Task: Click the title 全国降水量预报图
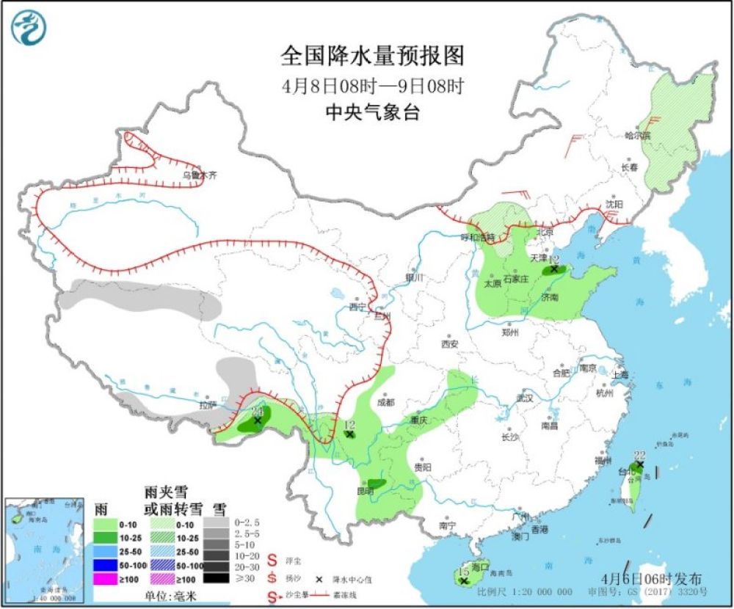pos(373,56)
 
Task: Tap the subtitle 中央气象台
pos(373,112)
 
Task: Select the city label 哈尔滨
pos(637,135)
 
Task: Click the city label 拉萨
pos(208,404)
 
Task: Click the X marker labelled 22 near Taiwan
pos(639,464)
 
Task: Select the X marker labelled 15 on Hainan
pos(463,581)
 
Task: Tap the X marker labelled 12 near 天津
pos(553,269)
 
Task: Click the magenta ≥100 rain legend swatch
pos(107,580)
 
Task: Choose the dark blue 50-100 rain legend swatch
pos(107,566)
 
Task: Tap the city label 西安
pos(449,343)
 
